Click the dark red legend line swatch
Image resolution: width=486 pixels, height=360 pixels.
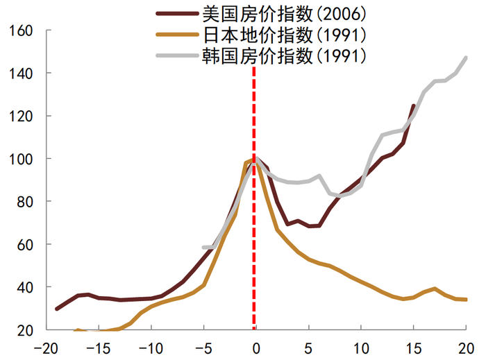178,12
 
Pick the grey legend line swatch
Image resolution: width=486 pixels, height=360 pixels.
178,56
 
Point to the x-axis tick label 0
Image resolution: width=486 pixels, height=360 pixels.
256,346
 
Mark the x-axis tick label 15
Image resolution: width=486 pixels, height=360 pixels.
413,346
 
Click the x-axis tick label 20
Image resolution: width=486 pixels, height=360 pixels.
466,346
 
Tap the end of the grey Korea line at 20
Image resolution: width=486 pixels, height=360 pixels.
466,58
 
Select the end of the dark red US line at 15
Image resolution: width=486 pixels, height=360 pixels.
413,106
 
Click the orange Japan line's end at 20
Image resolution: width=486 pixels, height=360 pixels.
466,300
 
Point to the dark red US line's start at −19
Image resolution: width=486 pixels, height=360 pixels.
57,309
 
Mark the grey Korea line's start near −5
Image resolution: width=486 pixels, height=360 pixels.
204,247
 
